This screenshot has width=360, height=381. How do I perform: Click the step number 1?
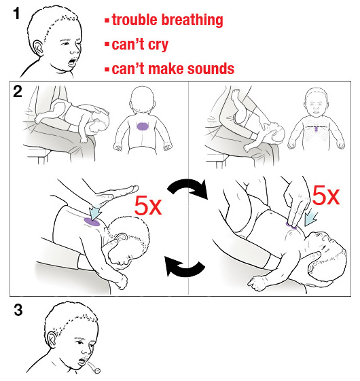(x=16, y=14)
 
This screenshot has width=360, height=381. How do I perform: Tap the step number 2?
(x=18, y=92)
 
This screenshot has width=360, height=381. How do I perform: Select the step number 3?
(x=18, y=310)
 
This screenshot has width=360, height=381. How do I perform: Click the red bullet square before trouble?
(x=107, y=20)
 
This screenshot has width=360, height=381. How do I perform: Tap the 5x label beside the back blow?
(x=148, y=206)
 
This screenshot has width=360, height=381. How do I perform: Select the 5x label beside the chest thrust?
(x=325, y=196)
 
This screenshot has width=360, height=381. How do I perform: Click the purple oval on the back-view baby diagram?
(x=142, y=126)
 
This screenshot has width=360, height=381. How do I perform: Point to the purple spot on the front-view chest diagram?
(x=316, y=128)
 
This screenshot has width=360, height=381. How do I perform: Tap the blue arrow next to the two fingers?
(x=310, y=218)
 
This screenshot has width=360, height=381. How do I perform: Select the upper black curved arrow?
(x=188, y=185)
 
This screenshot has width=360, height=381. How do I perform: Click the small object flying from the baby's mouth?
(x=98, y=371)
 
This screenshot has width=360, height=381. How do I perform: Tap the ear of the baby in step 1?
(x=38, y=48)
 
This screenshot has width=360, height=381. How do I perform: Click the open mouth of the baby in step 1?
(x=73, y=62)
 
